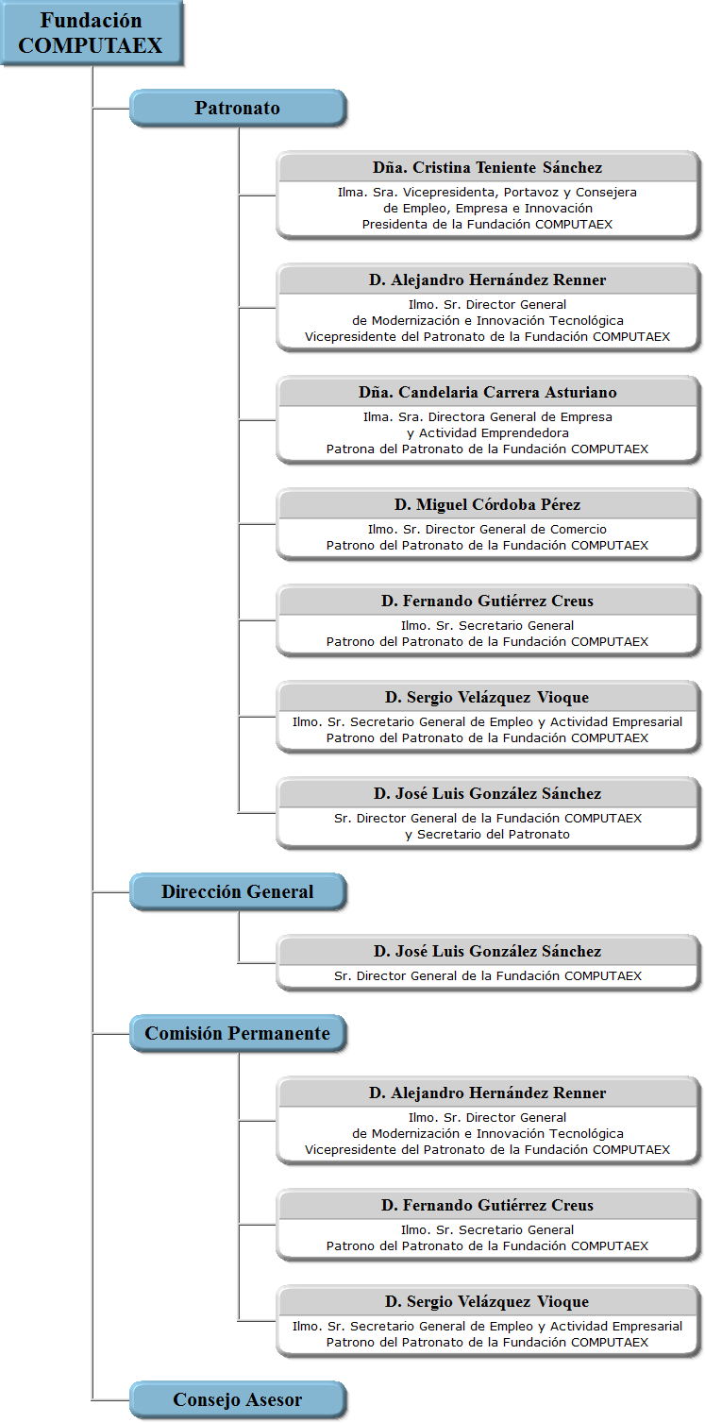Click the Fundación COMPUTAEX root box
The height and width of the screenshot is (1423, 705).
pos(91,33)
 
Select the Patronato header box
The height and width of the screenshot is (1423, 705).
pos(238,108)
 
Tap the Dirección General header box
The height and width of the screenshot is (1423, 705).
pos(238,892)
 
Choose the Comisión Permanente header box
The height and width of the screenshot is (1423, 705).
pos(238,1034)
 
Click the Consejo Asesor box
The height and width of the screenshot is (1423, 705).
pos(238,1400)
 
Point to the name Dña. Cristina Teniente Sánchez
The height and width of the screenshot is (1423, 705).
pos(488,168)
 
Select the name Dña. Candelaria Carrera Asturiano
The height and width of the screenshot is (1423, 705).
pos(488,393)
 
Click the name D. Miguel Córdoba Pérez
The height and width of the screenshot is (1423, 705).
pos(488,505)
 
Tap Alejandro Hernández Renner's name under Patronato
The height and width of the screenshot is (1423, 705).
pos(488,280)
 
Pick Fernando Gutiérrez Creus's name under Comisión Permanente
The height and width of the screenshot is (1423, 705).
pos(488,1206)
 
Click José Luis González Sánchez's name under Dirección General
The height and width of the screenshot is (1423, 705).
pos(488,952)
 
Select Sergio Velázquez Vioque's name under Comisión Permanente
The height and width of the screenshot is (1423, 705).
pos(488,1302)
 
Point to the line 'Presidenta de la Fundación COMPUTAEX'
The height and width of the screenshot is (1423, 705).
pos(488,224)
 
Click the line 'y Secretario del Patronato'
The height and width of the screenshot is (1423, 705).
pos(488,835)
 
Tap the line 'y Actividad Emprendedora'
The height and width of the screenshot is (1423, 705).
pos(488,433)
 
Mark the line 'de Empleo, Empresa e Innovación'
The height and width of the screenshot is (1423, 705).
pos(488,209)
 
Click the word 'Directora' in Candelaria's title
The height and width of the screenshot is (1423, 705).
pos(456,417)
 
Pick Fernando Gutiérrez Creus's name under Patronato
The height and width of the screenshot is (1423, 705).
pos(488,601)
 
